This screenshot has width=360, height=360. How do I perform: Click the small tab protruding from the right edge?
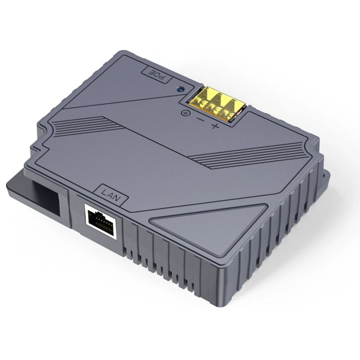(323, 169)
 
